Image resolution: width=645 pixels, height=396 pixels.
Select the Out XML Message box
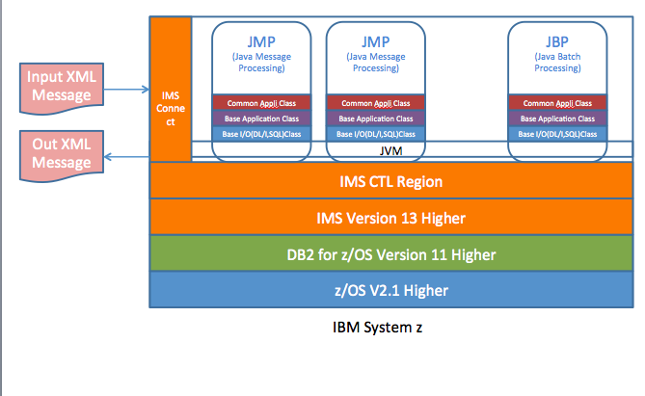pyautogui.click(x=62, y=156)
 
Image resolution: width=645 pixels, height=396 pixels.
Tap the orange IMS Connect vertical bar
pyautogui.click(x=171, y=90)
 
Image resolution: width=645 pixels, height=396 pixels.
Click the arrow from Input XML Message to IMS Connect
pyautogui.click(x=126, y=90)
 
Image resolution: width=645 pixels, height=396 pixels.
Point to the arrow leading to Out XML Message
pyautogui.click(x=126, y=157)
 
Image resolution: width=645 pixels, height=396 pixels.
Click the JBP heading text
pyautogui.click(x=557, y=42)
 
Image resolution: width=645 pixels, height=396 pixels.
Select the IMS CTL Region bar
pyautogui.click(x=391, y=181)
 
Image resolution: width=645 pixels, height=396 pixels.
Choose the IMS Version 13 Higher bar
pyautogui.click(x=391, y=218)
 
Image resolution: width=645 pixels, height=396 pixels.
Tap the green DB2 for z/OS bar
pyautogui.click(x=391, y=253)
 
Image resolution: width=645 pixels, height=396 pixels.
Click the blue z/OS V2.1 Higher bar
pyautogui.click(x=391, y=289)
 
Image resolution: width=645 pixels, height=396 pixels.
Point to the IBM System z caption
pyautogui.click(x=377, y=328)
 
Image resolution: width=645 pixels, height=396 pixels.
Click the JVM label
pyautogui.click(x=390, y=151)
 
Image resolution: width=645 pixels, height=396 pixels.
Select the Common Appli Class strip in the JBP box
pyautogui.click(x=557, y=103)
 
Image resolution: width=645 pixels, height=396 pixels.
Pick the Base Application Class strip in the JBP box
pyautogui.click(x=557, y=119)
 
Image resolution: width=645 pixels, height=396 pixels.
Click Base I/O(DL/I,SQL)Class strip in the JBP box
pyautogui.click(x=557, y=134)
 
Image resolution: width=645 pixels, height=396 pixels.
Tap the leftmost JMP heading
pyautogui.click(x=261, y=42)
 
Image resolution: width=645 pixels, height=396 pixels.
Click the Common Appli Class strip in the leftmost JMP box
pyautogui.click(x=261, y=103)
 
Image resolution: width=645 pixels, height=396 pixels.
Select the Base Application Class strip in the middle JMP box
pyautogui.click(x=376, y=119)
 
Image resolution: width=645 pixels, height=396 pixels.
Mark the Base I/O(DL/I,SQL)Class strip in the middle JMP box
pyautogui.click(x=376, y=134)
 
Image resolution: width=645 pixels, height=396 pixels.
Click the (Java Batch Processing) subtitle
pyautogui.click(x=557, y=62)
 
